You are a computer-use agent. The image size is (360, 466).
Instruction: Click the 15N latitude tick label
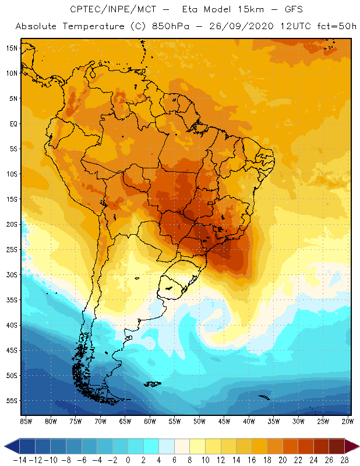pos(12,48)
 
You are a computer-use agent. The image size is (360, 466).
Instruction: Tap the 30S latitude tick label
pos(12,274)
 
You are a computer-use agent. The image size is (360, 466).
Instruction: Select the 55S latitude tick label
pos(12,401)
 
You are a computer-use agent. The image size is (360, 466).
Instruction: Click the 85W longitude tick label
pos(26,421)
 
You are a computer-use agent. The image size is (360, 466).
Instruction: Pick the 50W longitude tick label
pos(200,421)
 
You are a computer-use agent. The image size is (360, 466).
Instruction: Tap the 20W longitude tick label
pos(348,421)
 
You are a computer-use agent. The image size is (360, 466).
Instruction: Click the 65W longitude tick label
pos(125,421)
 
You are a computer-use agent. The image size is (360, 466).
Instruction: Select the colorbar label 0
pos(128,460)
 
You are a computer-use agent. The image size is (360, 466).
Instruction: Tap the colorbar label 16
pos(253,460)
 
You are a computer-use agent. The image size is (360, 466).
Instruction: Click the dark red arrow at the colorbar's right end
pos(352,446)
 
